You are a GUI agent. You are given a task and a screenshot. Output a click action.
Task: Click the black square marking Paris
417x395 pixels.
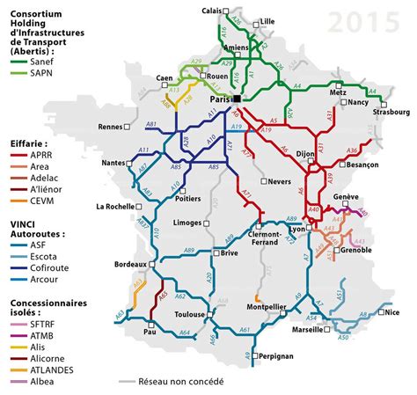pyautogui.click(x=236, y=100)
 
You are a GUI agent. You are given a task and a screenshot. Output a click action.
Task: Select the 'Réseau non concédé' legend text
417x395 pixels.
pyautogui.click(x=184, y=382)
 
